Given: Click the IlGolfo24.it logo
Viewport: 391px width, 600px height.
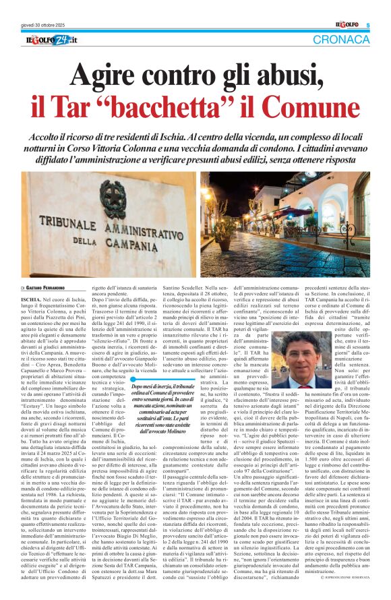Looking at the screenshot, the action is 51,40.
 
